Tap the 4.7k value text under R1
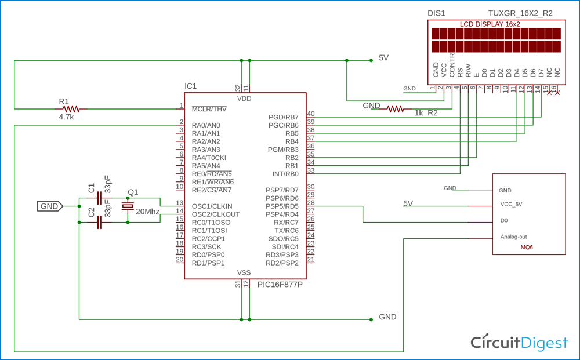click(66, 117)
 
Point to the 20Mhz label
click(147, 212)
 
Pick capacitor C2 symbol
click(99, 222)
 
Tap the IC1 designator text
click(191, 86)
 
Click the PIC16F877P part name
click(280, 285)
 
